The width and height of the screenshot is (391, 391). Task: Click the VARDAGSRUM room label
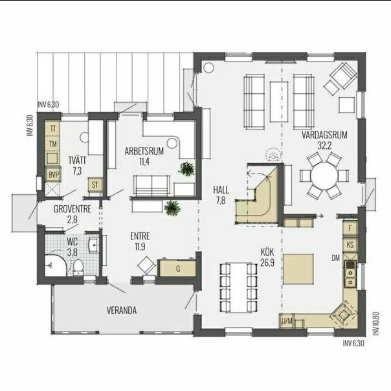coord(324,135)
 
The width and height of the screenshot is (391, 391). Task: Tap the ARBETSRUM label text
coord(144,151)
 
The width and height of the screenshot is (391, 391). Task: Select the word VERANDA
coord(122,311)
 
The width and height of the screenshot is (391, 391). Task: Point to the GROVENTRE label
coord(73,209)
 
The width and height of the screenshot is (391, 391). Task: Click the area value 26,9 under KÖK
coord(267,263)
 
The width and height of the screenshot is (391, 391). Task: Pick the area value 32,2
coord(324,146)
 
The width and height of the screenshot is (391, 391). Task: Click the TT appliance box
coord(52,129)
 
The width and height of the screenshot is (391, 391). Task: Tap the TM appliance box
coord(52,144)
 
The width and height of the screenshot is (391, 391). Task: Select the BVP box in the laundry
coord(53,174)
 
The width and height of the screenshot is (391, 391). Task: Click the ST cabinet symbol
coord(95,184)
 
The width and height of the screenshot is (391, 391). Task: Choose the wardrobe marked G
coord(177,268)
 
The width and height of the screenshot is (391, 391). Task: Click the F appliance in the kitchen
coord(350,229)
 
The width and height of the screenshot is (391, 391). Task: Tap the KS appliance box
coord(350,245)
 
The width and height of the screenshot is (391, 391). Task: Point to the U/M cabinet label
coord(287,321)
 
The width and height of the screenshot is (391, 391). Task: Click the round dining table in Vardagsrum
coord(324,176)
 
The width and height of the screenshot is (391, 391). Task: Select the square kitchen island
coord(298,269)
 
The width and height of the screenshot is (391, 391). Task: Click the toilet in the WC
coord(78,267)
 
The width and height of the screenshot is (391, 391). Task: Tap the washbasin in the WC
coord(94,245)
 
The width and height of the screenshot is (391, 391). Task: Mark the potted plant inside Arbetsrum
coord(186,168)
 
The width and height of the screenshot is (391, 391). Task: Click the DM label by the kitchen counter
coord(336,258)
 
